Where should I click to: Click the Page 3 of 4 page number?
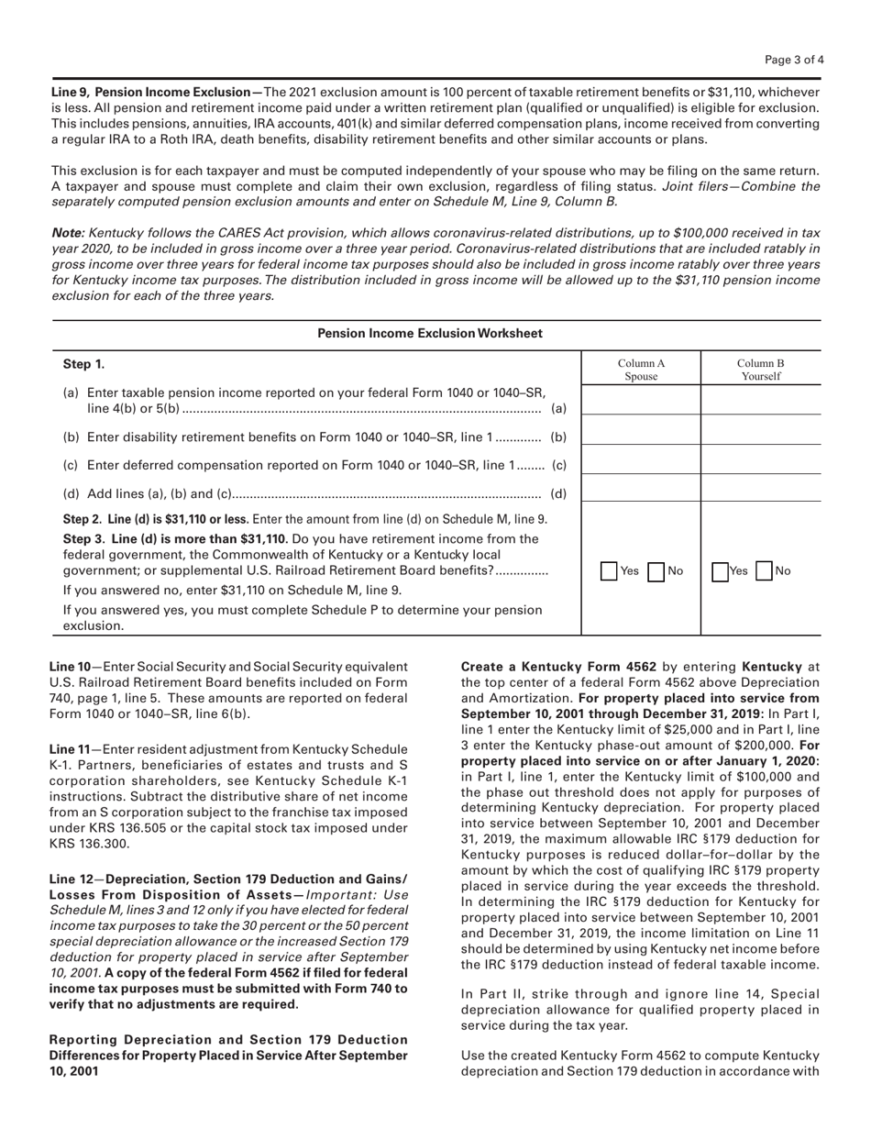(795, 61)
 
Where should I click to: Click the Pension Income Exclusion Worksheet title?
(430, 334)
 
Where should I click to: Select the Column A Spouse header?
(641, 370)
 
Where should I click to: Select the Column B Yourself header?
(760, 370)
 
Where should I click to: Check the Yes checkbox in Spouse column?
(610, 570)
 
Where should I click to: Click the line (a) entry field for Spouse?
(641, 401)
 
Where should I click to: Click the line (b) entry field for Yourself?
(760, 430)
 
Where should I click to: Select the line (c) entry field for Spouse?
(641, 460)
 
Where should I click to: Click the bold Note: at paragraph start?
(68, 235)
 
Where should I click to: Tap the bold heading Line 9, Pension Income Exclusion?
(156, 93)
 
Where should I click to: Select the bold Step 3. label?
(83, 537)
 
